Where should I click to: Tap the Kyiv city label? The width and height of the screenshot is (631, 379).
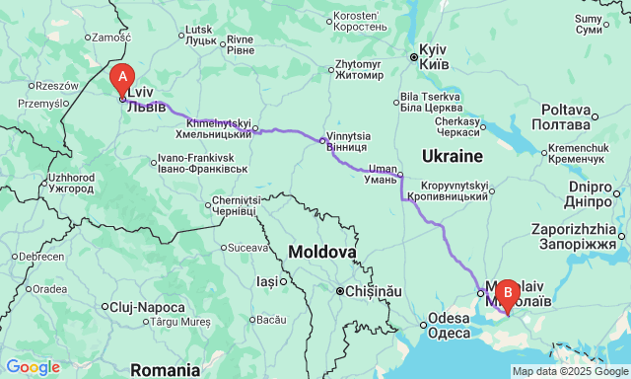(x=434, y=56)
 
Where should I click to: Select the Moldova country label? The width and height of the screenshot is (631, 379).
(x=321, y=253)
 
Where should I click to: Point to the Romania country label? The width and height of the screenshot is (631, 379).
(x=164, y=370)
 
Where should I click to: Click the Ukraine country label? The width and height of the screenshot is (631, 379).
(x=452, y=156)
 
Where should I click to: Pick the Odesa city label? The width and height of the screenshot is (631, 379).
(x=449, y=326)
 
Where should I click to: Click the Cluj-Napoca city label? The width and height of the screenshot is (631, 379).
(x=148, y=307)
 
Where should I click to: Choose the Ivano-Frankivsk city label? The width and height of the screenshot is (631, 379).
(x=195, y=163)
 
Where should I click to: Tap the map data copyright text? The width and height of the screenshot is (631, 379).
(x=569, y=371)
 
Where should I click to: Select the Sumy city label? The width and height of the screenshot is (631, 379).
(x=589, y=24)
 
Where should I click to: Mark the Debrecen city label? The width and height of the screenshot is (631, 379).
(x=34, y=256)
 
